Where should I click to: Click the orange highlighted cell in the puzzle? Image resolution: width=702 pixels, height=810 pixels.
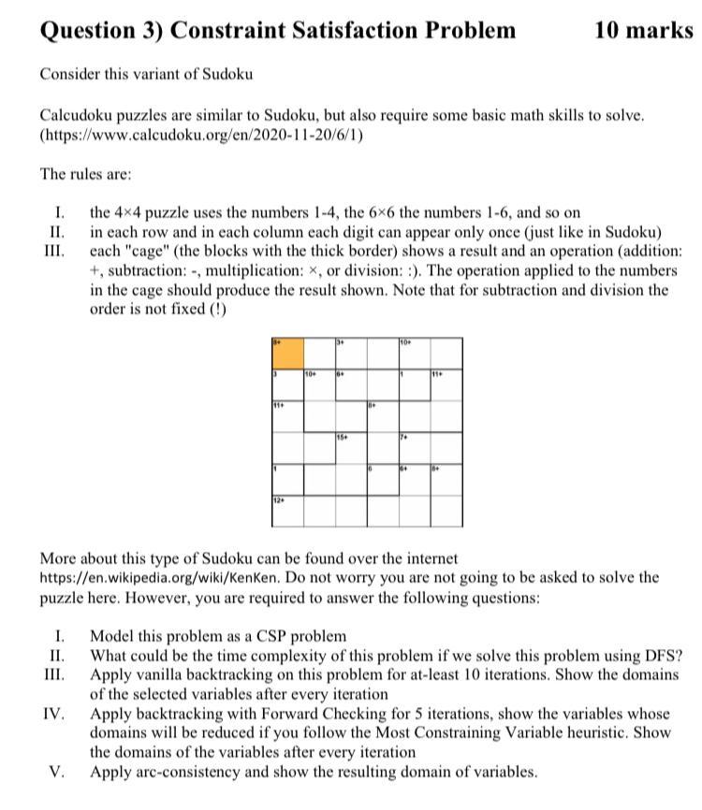(x=287, y=353)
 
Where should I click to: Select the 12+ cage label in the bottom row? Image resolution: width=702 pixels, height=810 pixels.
(x=278, y=500)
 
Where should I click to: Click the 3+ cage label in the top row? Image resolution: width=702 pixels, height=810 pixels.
(x=342, y=341)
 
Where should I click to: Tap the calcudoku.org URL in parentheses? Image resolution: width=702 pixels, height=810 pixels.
(x=201, y=136)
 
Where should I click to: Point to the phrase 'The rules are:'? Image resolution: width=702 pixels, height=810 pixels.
(x=80, y=174)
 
